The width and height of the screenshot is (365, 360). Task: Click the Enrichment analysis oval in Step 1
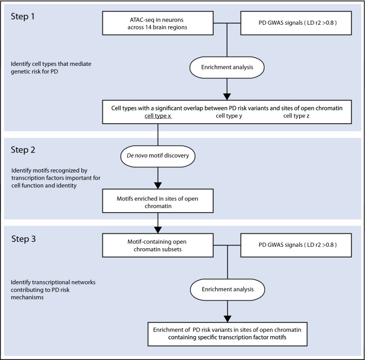(227, 67)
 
